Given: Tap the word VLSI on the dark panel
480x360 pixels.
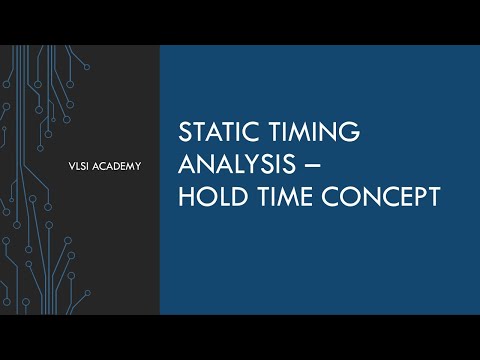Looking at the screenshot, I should (76, 165).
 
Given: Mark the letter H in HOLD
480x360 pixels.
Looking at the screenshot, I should (185, 197).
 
